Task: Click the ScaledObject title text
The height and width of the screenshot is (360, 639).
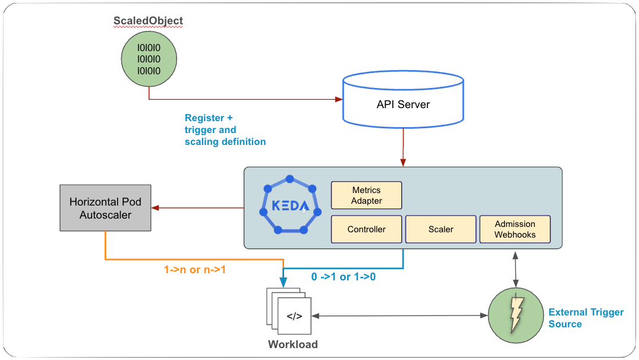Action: coord(148,21)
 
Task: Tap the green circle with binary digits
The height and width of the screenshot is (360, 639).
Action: coord(149,59)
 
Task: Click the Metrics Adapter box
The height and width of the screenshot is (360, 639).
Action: coord(367,195)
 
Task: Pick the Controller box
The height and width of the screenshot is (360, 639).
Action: coord(367,229)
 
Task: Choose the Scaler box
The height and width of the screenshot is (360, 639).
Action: coord(440,229)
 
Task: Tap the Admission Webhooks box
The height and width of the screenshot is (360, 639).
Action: coord(515,229)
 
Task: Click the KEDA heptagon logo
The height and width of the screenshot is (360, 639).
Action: coord(289,206)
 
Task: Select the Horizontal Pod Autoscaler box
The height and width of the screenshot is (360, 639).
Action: coord(105,208)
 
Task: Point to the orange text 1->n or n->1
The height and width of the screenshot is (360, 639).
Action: coord(195,269)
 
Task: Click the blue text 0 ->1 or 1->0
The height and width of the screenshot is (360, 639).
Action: coord(343,277)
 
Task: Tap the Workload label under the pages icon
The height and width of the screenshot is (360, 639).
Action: coord(292,345)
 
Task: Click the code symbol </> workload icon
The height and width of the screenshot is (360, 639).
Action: coord(294,316)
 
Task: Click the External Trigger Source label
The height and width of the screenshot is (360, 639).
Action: coord(586,318)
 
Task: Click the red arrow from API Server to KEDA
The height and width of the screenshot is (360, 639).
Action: coord(403,146)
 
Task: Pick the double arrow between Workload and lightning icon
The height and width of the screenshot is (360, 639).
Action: coord(398,316)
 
